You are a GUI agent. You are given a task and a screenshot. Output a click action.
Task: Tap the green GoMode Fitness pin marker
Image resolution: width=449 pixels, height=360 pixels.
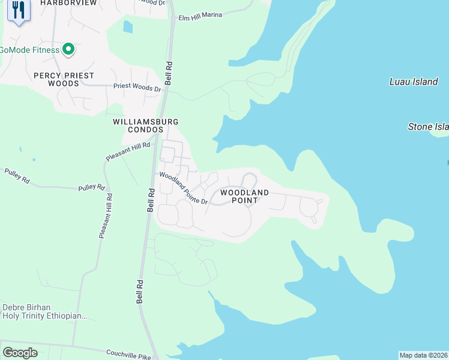coord(68,49)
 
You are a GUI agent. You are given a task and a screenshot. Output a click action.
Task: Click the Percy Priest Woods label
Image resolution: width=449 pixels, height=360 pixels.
coord(64,79)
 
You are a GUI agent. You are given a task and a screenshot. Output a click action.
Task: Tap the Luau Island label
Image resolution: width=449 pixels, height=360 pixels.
coord(414,82)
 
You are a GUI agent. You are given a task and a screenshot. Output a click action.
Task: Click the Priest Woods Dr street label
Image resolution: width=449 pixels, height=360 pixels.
coord(138,88)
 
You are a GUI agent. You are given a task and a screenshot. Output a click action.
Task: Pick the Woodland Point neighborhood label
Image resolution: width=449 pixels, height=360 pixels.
coord(244,196)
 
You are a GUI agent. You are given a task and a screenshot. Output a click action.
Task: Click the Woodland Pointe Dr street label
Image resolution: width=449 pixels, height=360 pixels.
coord(183,188)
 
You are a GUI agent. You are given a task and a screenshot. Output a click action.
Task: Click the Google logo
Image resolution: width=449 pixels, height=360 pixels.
coord(20,353)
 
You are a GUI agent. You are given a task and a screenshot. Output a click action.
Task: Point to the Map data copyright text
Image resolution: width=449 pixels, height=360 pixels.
coord(423,355)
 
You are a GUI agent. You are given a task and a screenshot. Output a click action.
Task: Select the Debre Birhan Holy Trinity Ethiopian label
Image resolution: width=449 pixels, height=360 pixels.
coord(44,311)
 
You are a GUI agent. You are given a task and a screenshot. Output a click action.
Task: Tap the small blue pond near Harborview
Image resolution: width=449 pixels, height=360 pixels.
coord(127,27)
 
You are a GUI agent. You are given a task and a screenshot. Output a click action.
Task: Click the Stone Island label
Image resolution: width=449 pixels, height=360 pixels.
coord(428,127)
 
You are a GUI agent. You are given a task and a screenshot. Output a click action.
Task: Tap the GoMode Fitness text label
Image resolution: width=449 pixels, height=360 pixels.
coord(30,50)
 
